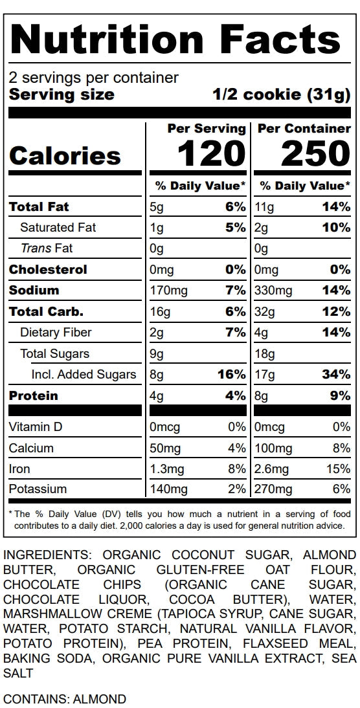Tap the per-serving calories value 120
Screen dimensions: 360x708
tap(211, 155)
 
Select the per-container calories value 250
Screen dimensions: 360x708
tap(316, 155)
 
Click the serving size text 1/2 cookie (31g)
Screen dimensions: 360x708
tap(282, 95)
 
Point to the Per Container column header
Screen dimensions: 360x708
tap(304, 129)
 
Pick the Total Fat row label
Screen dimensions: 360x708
tap(39, 207)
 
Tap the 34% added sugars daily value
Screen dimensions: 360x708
tap(335, 374)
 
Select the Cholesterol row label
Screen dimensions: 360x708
tap(48, 270)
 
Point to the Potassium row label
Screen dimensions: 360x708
tap(38, 489)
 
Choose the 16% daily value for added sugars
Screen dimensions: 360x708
tap(232, 374)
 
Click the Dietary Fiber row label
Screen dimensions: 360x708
tap(56, 333)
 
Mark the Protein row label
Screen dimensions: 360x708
tap(34, 396)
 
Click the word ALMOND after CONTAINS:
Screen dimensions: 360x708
tap(99, 700)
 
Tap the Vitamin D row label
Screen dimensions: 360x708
tap(35, 426)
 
